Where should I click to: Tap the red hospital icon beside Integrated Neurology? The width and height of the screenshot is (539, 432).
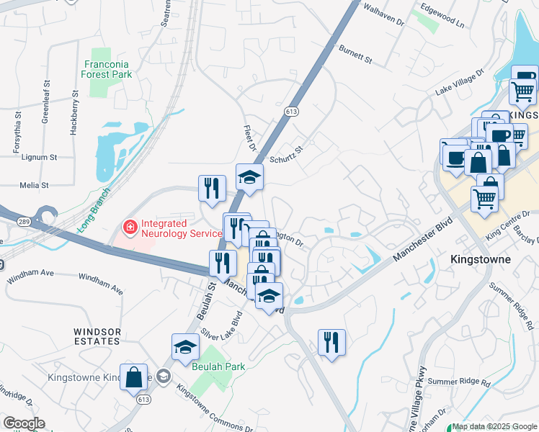[x=130, y=228]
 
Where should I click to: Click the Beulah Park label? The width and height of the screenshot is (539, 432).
[x=219, y=366]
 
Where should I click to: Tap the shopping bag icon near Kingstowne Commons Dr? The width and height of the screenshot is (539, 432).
[x=135, y=377]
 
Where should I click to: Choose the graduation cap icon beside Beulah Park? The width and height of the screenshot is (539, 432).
[x=185, y=346]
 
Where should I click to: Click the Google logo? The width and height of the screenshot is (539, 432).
[x=23, y=423]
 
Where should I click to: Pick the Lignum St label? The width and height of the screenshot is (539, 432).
[x=39, y=157]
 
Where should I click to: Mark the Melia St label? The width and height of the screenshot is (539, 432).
[x=35, y=185]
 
